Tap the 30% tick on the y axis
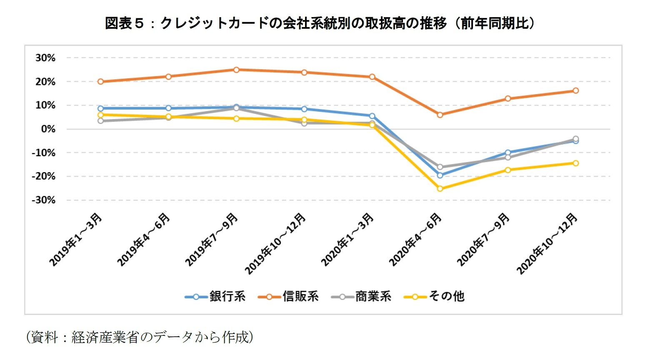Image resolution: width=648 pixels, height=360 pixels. point(45,58)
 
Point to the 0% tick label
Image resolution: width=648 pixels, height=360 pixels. point(48,129)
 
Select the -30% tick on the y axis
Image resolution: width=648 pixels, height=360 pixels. point(43,200)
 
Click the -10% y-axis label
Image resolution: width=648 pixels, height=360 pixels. point(43,153)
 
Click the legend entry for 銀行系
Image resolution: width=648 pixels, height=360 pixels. point(215,296)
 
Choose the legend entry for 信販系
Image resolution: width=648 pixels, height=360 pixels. point(288,296)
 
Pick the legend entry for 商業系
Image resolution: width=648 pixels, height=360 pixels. point(361,296)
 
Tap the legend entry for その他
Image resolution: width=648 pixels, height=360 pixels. point(434,296)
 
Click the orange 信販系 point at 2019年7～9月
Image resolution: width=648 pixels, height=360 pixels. point(236,70)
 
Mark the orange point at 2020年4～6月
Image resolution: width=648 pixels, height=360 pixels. point(440,115)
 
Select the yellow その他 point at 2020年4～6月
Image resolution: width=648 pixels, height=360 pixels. point(440,189)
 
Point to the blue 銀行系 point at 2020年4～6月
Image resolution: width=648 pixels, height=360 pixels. point(440,175)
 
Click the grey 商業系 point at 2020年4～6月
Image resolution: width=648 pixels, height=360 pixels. point(440,167)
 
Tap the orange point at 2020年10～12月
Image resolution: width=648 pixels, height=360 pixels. point(575,91)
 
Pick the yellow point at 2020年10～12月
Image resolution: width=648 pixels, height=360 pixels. point(575,163)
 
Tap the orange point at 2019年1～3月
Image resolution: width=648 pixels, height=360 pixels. point(100,82)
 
